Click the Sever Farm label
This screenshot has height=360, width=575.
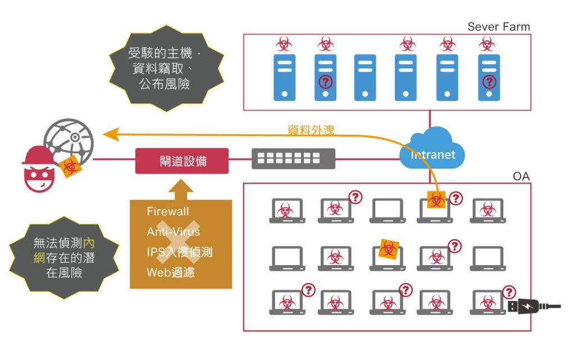coord(499,26)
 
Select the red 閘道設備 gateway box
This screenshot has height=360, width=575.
coord(182,161)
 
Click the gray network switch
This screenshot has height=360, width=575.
coord(293,159)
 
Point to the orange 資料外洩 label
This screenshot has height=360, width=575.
coord(311,129)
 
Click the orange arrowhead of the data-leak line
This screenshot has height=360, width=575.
coord(111,134)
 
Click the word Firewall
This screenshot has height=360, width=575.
coord(167,212)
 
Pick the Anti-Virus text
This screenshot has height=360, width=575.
coord(173,232)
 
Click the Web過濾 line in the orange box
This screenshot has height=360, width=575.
coord(171,272)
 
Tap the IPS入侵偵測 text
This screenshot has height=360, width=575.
coord(179,252)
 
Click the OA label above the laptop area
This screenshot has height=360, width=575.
coord(521,176)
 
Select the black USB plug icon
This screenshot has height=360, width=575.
coord(534,306)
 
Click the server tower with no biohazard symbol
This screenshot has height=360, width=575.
coord(365,78)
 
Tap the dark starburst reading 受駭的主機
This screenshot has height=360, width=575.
coord(166,68)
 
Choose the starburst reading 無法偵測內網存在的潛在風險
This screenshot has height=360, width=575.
coord(64,258)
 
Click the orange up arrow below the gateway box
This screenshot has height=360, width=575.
coord(181,189)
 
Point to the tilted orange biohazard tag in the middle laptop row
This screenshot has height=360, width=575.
coord(389,249)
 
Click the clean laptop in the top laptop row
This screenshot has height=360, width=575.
coord(387,211)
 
